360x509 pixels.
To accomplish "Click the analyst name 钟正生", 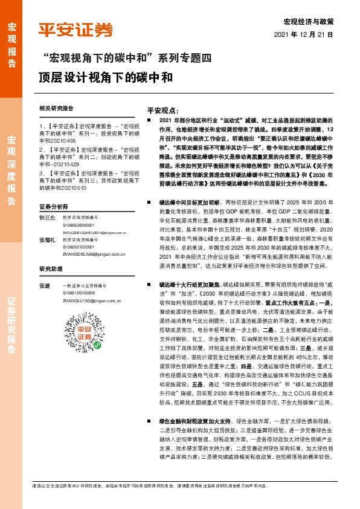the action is pos(47,216).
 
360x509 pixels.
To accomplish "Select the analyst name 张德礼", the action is pos(47,239).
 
